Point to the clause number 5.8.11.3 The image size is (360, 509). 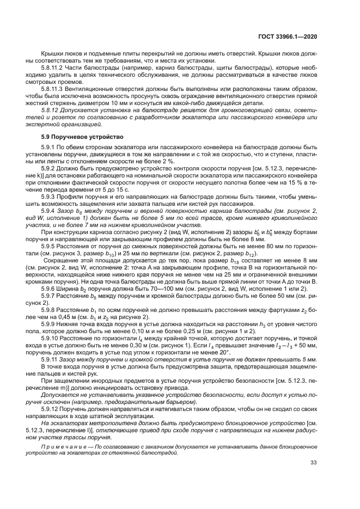[52, 87]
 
